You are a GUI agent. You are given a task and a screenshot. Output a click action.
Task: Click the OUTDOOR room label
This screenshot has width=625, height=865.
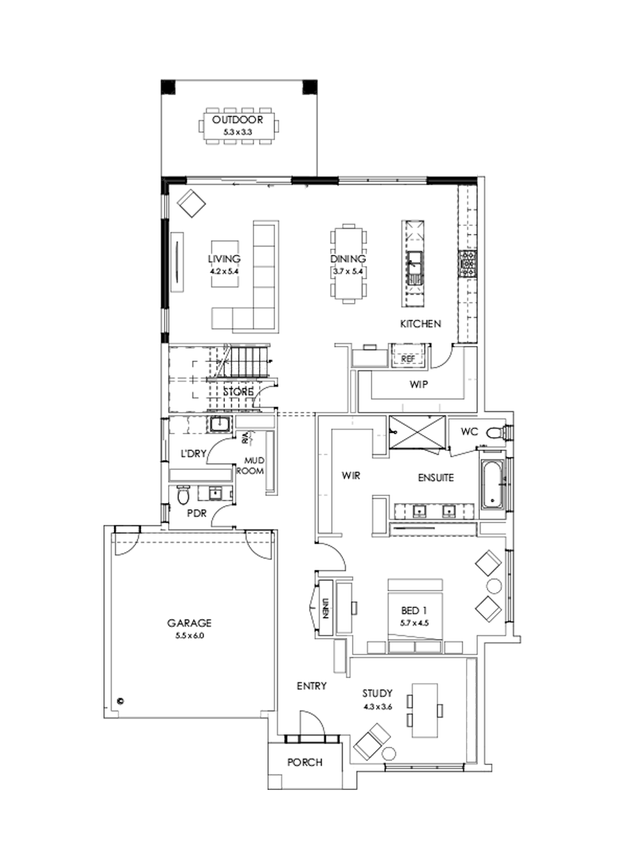coord(238,120)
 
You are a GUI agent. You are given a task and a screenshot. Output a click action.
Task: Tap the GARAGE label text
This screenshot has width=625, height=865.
coord(188,623)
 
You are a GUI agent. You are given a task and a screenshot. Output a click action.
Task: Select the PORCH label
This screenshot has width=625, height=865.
coord(305,762)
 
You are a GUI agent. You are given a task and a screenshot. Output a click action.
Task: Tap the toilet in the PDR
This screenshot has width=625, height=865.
coord(183,496)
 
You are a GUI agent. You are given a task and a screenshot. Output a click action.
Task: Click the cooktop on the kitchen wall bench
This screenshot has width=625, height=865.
coord(467,263)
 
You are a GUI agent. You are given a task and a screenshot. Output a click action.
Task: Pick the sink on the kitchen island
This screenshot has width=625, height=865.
coord(416,263)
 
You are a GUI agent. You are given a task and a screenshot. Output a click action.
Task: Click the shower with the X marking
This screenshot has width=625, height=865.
coord(417,433)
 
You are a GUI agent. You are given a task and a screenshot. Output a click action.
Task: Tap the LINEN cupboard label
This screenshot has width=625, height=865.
coord(324,605)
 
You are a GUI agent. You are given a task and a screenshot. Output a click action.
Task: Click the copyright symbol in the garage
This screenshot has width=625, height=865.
coord(119,701)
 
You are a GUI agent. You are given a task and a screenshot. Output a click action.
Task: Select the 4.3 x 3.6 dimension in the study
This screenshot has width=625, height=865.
coord(378,707)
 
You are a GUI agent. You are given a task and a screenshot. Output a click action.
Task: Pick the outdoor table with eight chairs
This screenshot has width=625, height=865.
coord(238,125)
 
